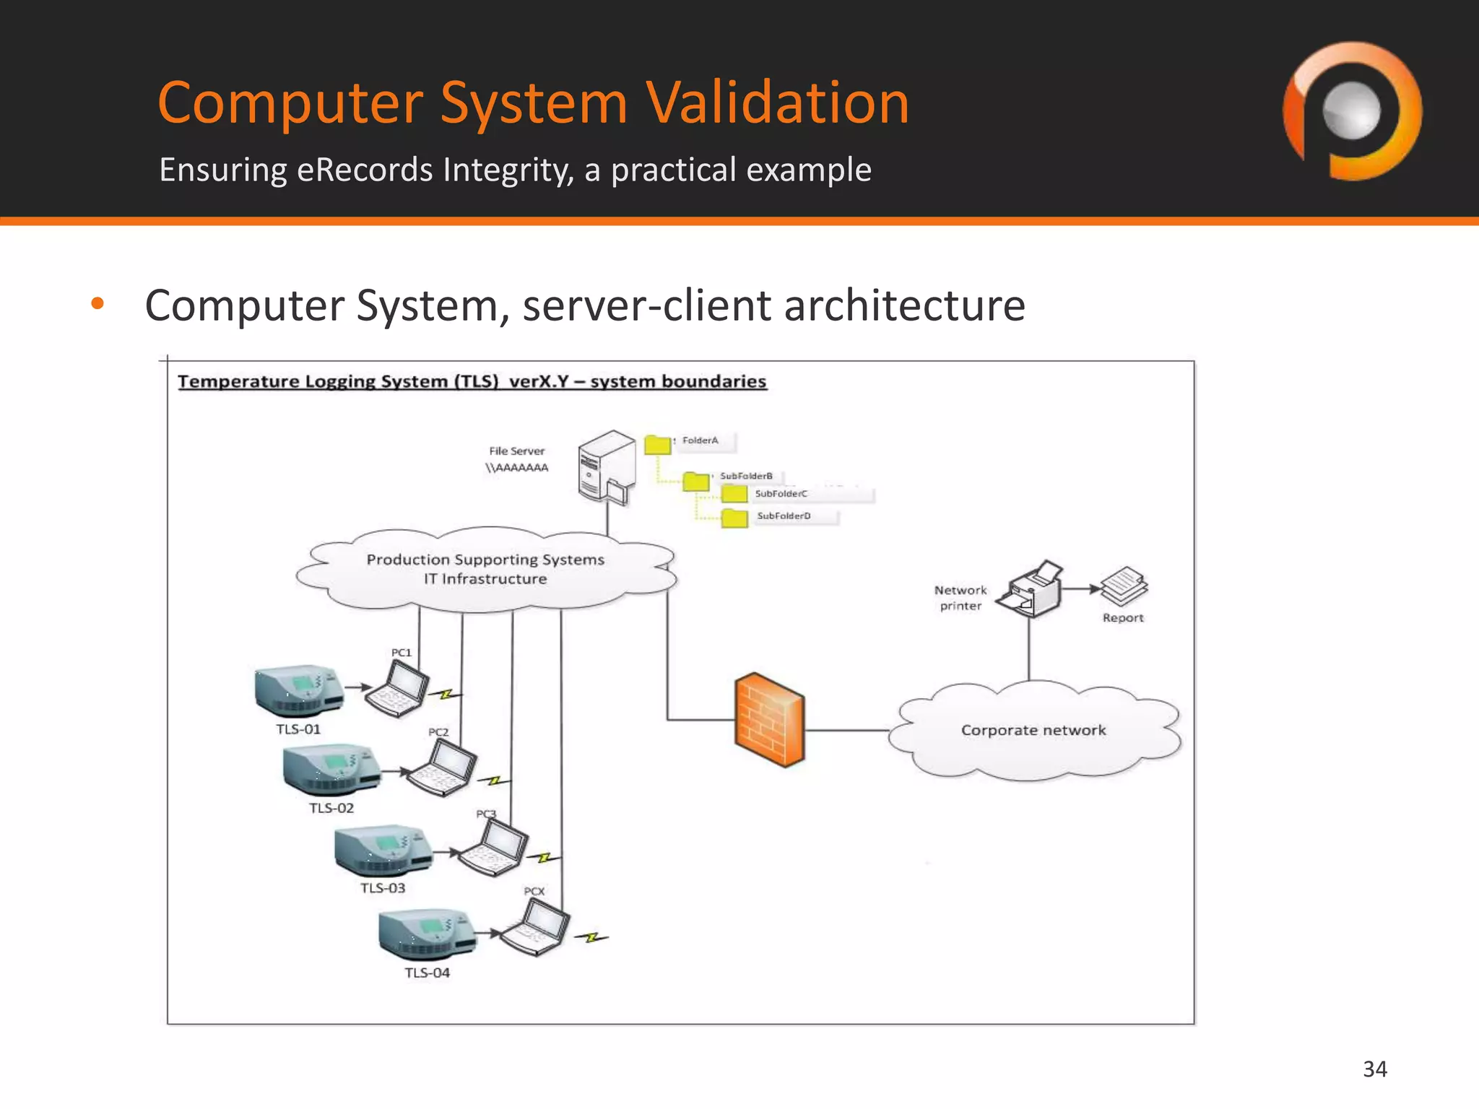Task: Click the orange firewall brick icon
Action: click(769, 719)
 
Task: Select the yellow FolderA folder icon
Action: click(657, 445)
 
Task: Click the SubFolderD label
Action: click(784, 516)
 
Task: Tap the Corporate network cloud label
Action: click(1033, 730)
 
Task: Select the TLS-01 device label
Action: click(298, 729)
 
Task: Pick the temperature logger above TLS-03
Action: click(383, 850)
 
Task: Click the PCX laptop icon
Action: click(536, 928)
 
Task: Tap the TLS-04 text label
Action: click(427, 973)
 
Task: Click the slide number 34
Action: click(1374, 1069)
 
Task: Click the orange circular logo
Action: click(1352, 111)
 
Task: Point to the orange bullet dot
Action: click(97, 303)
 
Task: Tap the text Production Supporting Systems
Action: click(485, 560)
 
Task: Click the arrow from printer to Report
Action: click(1081, 589)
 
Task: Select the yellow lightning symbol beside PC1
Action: click(446, 695)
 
